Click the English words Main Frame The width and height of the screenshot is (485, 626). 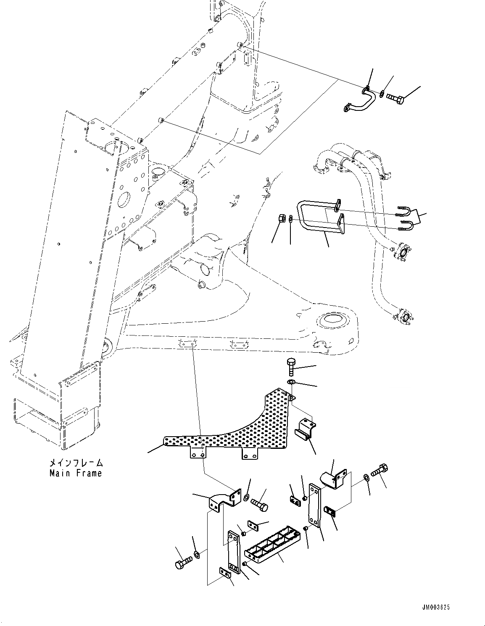click(x=76, y=473)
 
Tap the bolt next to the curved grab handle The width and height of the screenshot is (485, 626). click(x=395, y=99)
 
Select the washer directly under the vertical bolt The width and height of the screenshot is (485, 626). click(x=291, y=382)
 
